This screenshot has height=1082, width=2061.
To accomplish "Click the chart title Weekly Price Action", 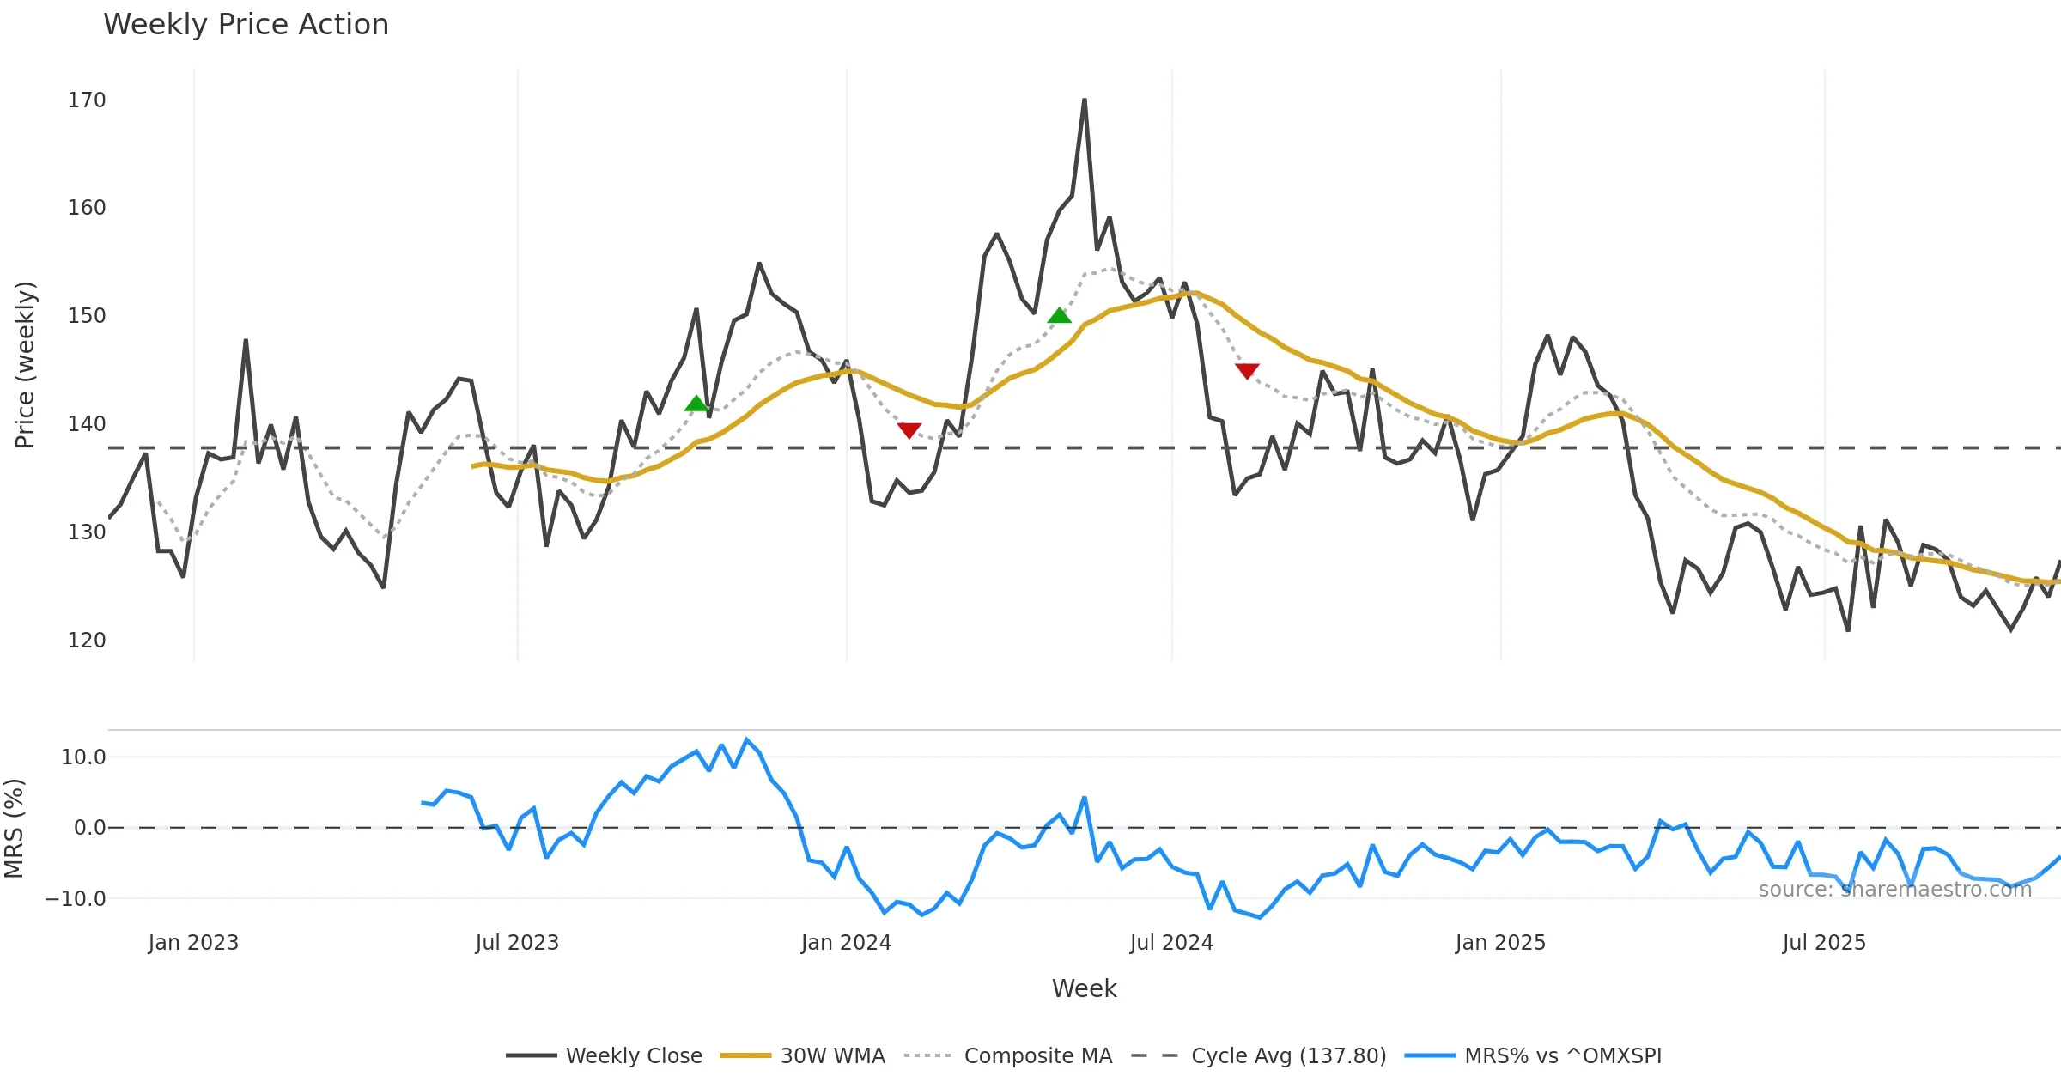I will [x=246, y=25].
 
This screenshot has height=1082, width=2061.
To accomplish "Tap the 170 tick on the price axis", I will [x=87, y=100].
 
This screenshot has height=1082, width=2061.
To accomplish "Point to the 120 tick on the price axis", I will [x=87, y=641].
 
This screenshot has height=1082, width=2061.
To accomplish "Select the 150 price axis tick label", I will [x=87, y=316].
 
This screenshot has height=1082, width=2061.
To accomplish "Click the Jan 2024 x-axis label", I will [x=846, y=943].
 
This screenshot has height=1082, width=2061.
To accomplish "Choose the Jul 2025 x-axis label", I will [x=1824, y=943].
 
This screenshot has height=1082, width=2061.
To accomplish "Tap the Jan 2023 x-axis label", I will [x=193, y=943].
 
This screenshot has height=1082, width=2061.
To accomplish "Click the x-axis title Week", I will [x=1084, y=989].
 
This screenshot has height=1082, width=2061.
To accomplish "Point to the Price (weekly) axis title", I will [x=25, y=365].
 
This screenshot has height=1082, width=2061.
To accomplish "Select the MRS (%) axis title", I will [x=15, y=829].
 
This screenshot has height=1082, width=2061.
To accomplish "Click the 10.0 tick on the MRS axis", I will [x=83, y=757].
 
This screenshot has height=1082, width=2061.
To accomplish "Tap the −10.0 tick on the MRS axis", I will [x=76, y=899].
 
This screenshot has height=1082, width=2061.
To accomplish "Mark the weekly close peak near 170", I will [x=1085, y=100].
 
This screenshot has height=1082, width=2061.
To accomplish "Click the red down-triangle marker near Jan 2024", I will [x=909, y=429].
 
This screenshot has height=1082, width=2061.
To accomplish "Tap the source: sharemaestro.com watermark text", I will [x=1895, y=890].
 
